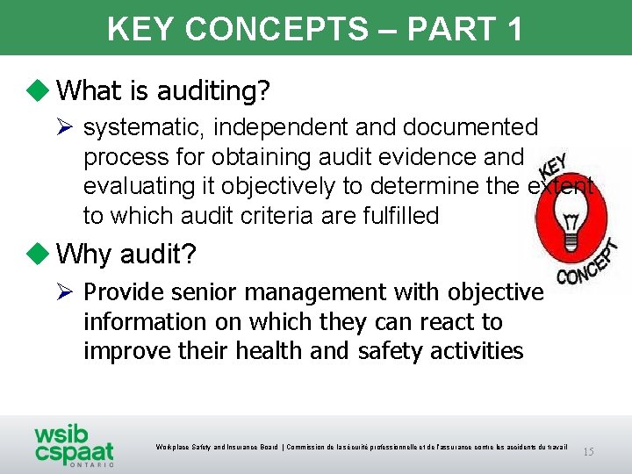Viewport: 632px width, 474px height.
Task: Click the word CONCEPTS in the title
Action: click(276, 28)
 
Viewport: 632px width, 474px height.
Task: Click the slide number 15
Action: click(588, 451)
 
